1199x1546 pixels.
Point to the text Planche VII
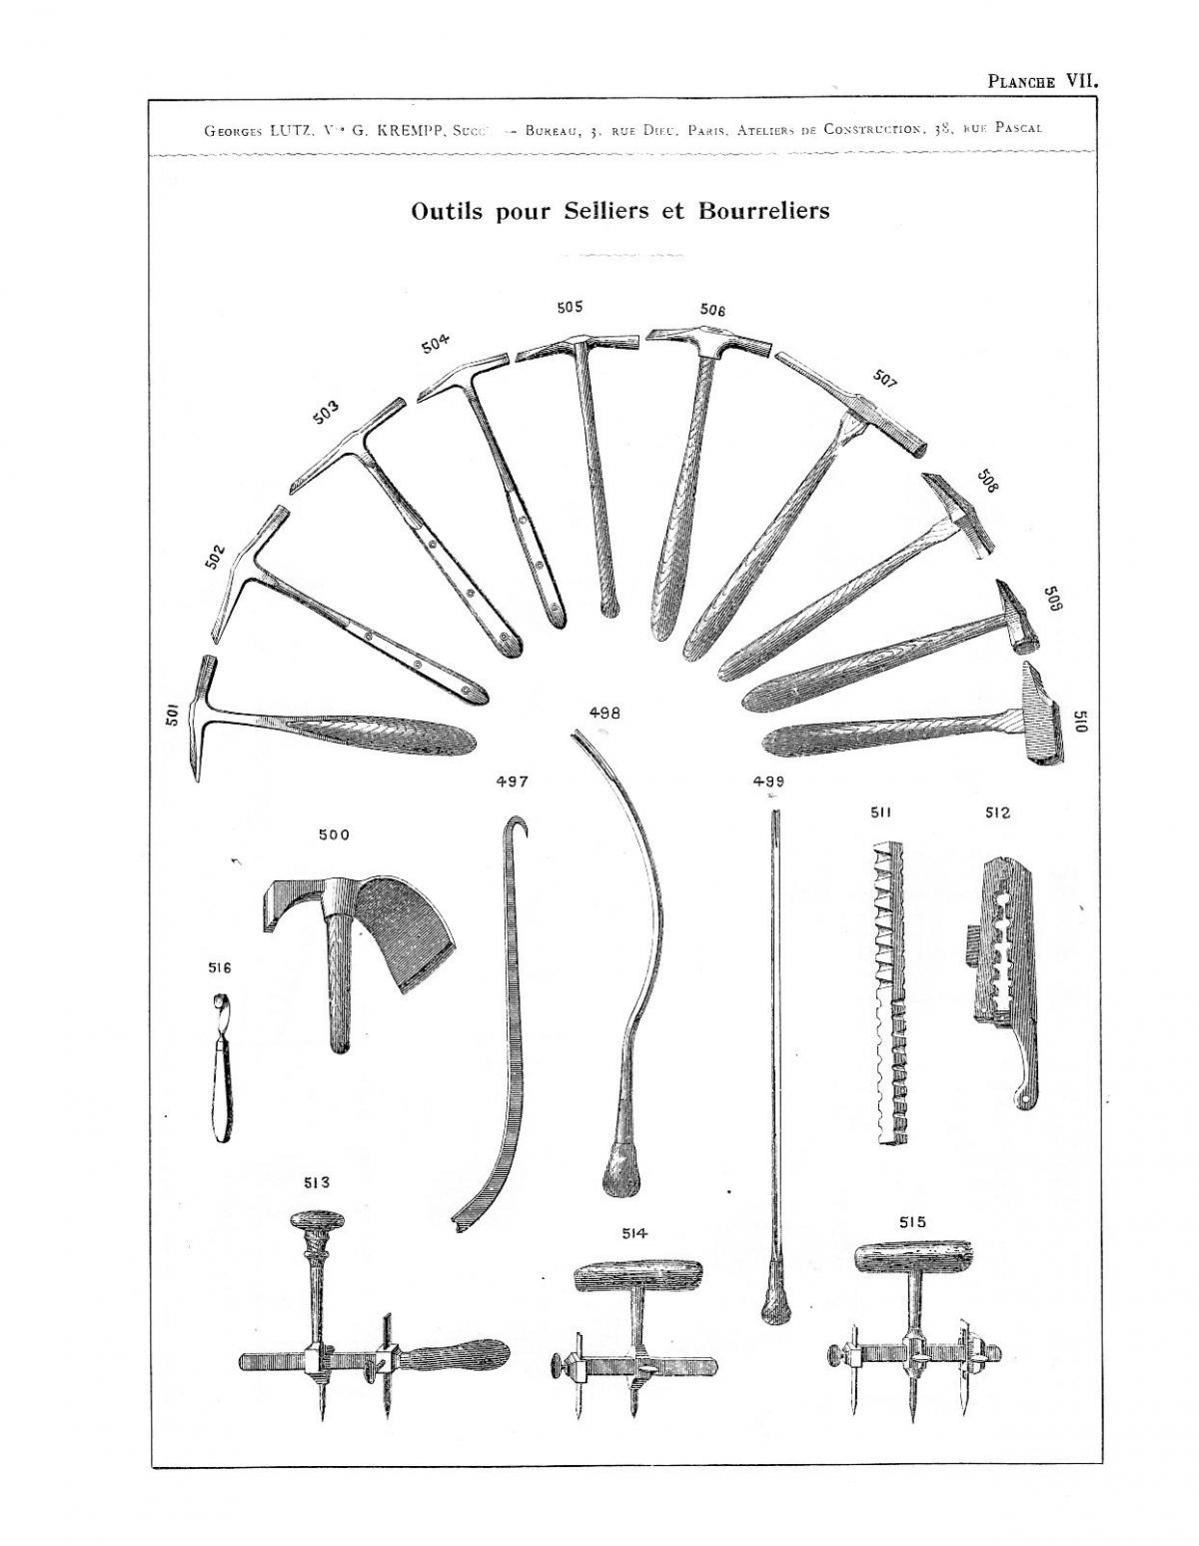1042,82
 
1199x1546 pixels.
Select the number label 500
334,835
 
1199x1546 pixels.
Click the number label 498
604,714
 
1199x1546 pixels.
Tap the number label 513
317,1183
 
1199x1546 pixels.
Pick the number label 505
570,308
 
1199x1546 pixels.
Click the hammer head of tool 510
1040,717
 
